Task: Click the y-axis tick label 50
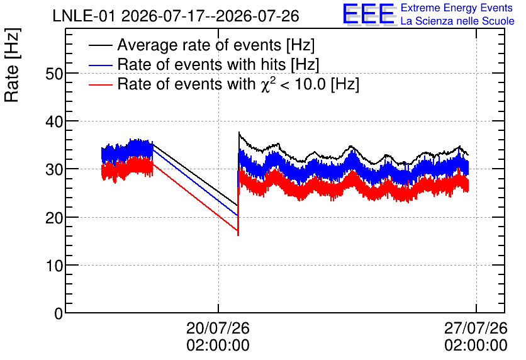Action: pyautogui.click(x=54, y=74)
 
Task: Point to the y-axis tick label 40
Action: pyautogui.click(x=54, y=121)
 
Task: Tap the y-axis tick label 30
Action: pyautogui.click(x=54, y=169)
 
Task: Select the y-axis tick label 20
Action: pyautogui.click(x=54, y=217)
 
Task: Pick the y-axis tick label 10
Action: pyautogui.click(x=54, y=266)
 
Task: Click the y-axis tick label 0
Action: pyautogui.click(x=59, y=313)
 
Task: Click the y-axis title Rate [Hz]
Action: pyautogui.click(x=12, y=65)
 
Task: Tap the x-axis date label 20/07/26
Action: pyautogui.click(x=218, y=328)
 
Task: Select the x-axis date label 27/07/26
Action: pyautogui.click(x=476, y=328)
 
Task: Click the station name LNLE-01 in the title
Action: pyautogui.click(x=85, y=16)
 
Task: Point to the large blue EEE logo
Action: pyautogui.click(x=368, y=14)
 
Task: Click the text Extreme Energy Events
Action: pyautogui.click(x=457, y=8)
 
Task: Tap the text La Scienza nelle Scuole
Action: pyautogui.click(x=457, y=21)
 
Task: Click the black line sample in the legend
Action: pyautogui.click(x=100, y=45)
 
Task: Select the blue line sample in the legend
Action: pyautogui.click(x=100, y=65)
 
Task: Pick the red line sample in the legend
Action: pyautogui.click(x=100, y=84)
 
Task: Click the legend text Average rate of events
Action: pyautogui.click(x=199, y=45)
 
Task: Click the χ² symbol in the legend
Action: pyautogui.click(x=267, y=84)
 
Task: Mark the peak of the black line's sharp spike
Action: pyautogui.click(x=239, y=132)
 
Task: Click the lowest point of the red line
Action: pyautogui.click(x=238, y=235)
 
